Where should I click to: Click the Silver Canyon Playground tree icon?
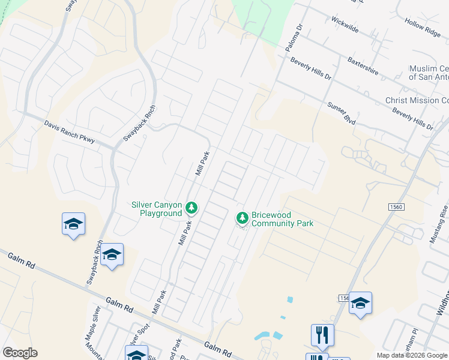191,208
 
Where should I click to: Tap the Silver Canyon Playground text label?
157,209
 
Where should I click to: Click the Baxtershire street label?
363,66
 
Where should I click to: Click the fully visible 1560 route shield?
396,206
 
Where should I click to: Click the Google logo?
20,352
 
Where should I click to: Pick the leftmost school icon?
73,224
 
